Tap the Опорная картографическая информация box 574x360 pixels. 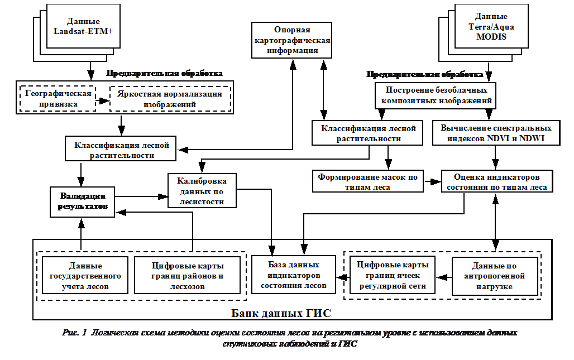click(291, 40)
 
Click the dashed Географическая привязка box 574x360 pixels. click(58, 99)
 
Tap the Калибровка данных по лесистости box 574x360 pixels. click(202, 190)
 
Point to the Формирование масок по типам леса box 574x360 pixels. click(367, 182)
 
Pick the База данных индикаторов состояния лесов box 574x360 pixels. click(293, 275)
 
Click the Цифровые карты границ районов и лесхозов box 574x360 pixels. click(187, 276)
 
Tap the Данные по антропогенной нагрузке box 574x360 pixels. click(495, 276)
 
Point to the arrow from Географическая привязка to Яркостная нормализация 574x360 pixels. click(102, 101)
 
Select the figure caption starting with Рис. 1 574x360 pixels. click(289, 338)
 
